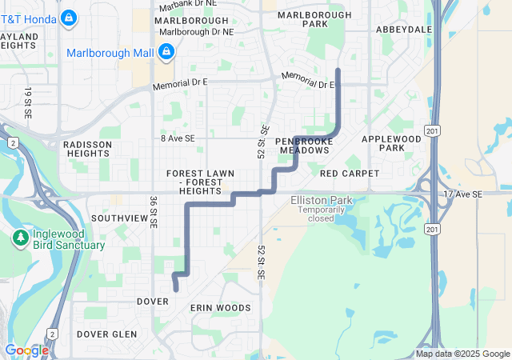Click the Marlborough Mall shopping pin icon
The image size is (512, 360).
(166, 53)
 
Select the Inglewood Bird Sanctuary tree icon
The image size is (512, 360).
(20, 238)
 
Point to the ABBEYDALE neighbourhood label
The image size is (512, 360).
(404, 30)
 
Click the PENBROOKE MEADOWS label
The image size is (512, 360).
(303, 146)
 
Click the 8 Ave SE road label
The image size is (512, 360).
(178, 138)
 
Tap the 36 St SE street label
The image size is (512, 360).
(152, 212)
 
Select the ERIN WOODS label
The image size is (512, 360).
(221, 307)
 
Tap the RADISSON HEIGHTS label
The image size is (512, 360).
(87, 150)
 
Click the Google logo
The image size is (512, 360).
(26, 350)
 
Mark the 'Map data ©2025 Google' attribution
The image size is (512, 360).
(462, 354)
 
